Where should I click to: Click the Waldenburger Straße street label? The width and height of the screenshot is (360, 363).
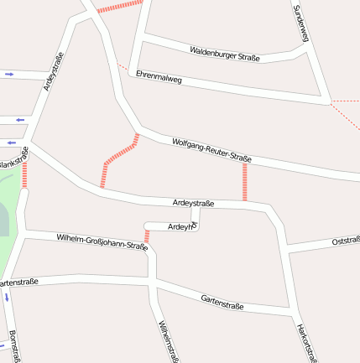click(225, 54)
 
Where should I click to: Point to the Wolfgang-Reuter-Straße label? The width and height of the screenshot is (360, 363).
click(211, 150)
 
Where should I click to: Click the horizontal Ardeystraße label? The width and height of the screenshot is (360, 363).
click(193, 204)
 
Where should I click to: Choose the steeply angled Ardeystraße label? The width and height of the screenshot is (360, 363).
click(53, 71)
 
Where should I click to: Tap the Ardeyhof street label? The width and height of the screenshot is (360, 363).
click(181, 226)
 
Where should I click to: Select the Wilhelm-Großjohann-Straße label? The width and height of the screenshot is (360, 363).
click(102, 243)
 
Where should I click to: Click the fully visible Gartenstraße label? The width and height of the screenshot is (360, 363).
click(222, 302)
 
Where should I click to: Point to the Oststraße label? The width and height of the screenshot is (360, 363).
click(345, 241)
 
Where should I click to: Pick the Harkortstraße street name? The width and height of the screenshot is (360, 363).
click(307, 340)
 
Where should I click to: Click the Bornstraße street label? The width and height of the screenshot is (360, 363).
click(14, 345)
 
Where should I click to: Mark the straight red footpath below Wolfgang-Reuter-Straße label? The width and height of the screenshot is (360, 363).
click(245, 181)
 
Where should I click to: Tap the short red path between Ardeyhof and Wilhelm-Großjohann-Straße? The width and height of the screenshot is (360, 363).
click(147, 236)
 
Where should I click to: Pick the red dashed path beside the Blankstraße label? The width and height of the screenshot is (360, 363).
click(25, 174)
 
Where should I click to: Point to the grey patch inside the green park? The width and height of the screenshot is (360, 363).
click(3, 220)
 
